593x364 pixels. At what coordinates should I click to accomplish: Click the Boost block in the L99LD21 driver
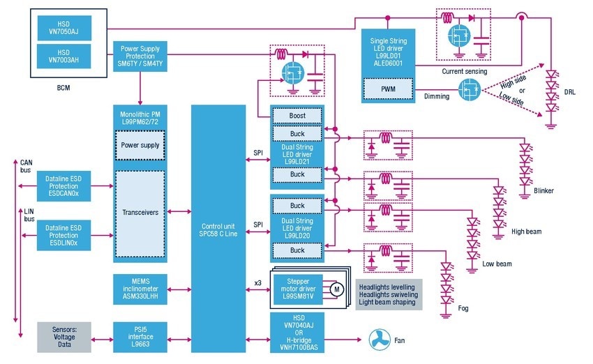(x=297, y=116)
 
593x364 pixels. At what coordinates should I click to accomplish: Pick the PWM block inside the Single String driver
(x=388, y=90)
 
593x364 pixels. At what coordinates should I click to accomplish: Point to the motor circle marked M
(x=335, y=289)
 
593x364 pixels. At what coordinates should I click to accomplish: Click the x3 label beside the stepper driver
(x=258, y=283)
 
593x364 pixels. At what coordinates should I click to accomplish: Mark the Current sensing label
(x=465, y=71)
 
